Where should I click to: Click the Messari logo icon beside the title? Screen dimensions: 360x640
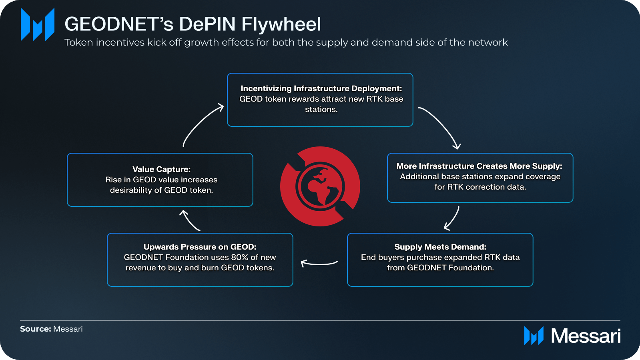point(37,24)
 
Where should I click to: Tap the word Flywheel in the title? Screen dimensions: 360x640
point(281,24)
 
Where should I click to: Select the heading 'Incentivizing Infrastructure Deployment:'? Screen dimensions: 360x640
point(321,88)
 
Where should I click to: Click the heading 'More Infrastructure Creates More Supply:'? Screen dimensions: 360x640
point(479,166)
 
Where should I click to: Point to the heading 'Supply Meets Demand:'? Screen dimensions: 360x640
point(440,247)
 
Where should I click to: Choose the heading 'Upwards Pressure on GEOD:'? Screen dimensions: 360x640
point(200,247)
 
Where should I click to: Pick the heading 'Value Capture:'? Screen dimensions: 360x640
point(161,169)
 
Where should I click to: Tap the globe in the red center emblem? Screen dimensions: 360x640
point(320,186)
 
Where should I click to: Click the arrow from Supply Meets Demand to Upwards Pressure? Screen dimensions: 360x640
point(319,263)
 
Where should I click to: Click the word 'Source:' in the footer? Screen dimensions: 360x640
point(35,329)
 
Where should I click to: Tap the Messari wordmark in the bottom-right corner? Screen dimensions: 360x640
point(586,336)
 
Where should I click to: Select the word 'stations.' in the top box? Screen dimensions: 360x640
point(321,109)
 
